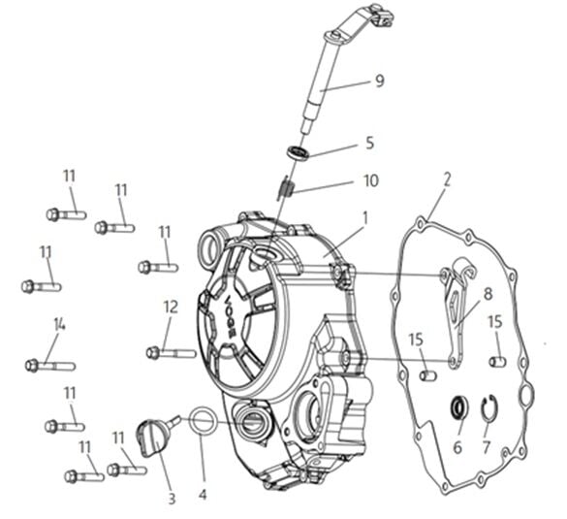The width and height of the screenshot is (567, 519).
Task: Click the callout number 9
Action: [x=379, y=81]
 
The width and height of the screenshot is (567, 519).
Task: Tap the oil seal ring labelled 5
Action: [x=299, y=152]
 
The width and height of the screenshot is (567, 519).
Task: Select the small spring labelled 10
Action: [x=286, y=187]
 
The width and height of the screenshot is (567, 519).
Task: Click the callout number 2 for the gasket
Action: [x=447, y=179]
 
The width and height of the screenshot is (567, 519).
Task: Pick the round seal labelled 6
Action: [x=458, y=407]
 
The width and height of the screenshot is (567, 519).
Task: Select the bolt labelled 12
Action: [x=171, y=352]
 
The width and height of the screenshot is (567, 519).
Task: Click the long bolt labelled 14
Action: [x=50, y=366]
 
